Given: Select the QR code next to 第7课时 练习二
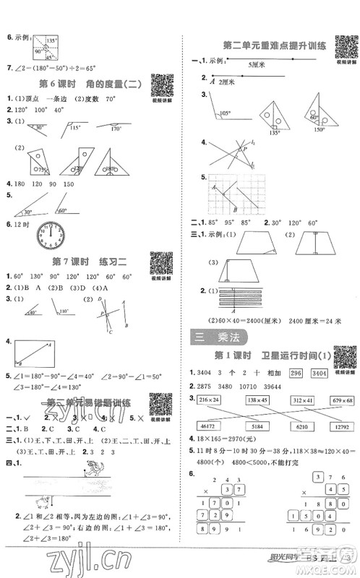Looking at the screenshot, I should pos(160,264).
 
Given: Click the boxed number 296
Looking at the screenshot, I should pos(294,372).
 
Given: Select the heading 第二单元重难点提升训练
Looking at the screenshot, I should pos(263,46).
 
